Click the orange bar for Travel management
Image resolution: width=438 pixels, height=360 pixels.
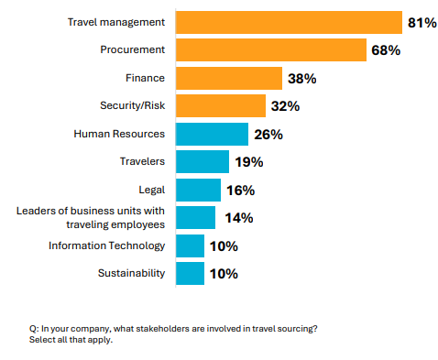coord(288,22)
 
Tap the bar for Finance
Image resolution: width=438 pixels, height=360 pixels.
coord(228,78)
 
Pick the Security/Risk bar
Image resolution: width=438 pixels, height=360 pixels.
coord(220,105)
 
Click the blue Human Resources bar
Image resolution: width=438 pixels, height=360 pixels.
coord(212,134)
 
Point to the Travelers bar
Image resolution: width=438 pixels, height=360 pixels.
coord(202,161)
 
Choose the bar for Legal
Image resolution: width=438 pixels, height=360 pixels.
coord(198,190)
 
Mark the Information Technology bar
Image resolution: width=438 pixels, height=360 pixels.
coord(190,245)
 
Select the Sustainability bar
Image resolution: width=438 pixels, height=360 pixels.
coord(190,273)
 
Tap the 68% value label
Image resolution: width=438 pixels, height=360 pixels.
coord(386,50)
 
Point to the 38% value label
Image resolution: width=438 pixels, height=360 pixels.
coord(302,79)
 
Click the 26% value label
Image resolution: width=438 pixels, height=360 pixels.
coord(268,135)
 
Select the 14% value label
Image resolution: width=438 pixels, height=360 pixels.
coord(236,218)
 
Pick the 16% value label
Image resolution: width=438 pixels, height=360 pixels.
coord(241,191)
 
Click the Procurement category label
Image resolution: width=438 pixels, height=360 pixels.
coord(132,49)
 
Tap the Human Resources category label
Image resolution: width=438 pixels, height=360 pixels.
coord(119,134)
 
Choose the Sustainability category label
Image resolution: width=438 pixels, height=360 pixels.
coord(131,273)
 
